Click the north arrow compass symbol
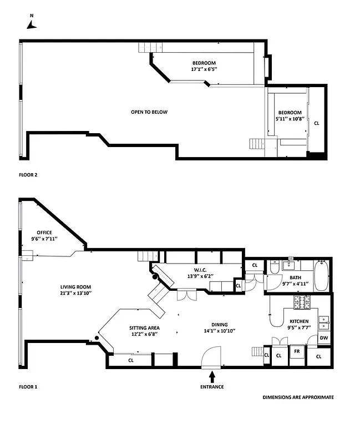point(32,24)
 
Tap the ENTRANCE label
point(212,387)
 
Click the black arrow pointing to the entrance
point(212,376)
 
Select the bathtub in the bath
point(321,276)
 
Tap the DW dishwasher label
point(323,337)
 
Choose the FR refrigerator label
point(297,351)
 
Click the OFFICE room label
point(44,233)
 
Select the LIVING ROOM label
point(76,287)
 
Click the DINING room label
point(220,325)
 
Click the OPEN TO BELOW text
point(149,112)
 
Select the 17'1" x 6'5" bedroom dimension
point(204,69)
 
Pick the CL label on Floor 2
point(317,123)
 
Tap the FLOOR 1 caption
point(28,387)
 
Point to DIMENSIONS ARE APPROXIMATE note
point(298,397)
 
